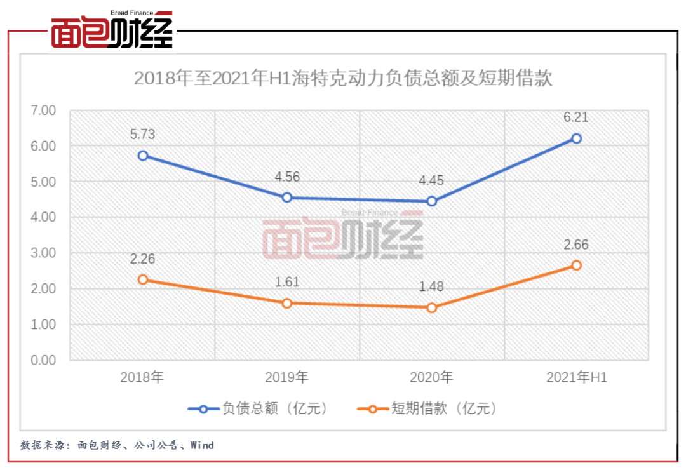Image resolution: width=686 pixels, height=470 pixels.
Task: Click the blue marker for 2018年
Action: pyautogui.click(x=143, y=156)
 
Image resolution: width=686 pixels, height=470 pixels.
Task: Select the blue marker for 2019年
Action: pyautogui.click(x=287, y=198)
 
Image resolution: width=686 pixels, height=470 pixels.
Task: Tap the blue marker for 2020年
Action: pyautogui.click(x=432, y=201)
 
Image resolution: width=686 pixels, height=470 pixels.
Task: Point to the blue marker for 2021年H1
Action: pyautogui.click(x=576, y=138)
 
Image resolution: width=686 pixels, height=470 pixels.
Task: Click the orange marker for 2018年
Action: pyautogui.click(x=143, y=279)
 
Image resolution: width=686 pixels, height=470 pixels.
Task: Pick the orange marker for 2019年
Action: pyautogui.click(x=287, y=303)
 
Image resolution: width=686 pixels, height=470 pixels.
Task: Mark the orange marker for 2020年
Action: pyautogui.click(x=432, y=307)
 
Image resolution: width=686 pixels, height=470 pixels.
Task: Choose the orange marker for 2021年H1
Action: pyautogui.click(x=576, y=265)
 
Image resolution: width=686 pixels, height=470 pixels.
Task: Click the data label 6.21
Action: pyautogui.click(x=576, y=117)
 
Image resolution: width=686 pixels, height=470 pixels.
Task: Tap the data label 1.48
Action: pyautogui.click(x=432, y=286)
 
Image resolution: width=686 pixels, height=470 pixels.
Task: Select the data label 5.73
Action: pyautogui.click(x=143, y=135)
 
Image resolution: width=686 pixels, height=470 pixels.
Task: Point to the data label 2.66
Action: pyautogui.click(x=576, y=245)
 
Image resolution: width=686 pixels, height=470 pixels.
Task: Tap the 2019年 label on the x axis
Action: pyautogui.click(x=287, y=377)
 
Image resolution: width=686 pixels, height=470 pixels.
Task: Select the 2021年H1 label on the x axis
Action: pyautogui.click(x=576, y=377)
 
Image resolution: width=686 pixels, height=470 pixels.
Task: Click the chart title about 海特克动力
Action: pyautogui.click(x=342, y=79)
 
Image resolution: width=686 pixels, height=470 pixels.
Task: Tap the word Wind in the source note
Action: pyautogui.click(x=201, y=445)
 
